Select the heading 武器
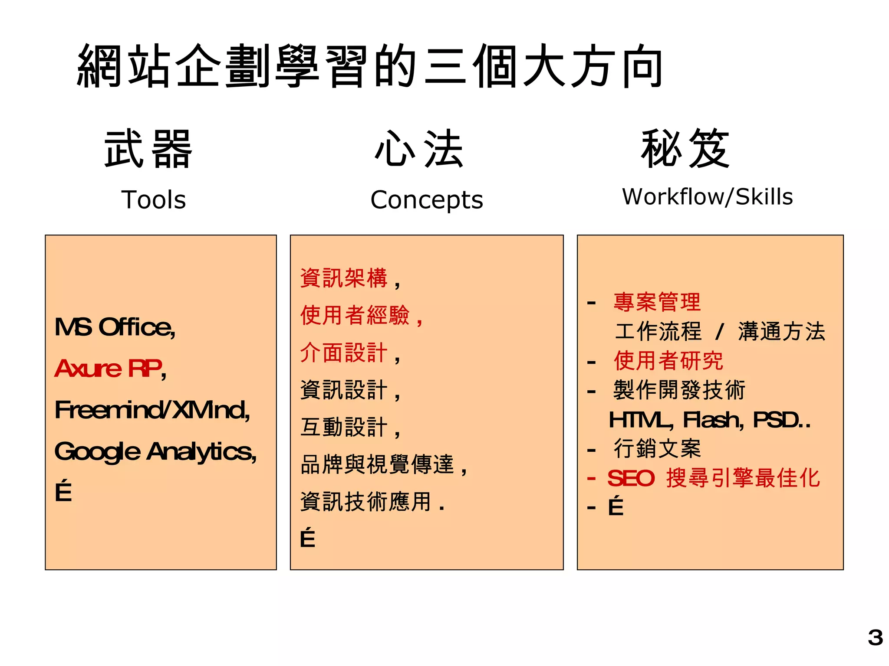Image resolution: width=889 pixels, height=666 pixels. point(148,149)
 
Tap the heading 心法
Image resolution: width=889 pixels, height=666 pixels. point(419,149)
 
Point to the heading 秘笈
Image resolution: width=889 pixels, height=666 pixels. point(685,149)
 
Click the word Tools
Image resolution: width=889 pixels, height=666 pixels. point(154,200)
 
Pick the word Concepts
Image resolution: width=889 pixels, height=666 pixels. point(427,200)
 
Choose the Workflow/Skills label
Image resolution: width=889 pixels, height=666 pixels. point(707,197)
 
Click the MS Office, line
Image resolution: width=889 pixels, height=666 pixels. point(115,327)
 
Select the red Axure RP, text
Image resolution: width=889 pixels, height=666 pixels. point(110,369)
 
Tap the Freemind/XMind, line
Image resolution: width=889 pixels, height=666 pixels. point(152,410)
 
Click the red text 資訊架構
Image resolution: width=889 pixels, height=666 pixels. point(344,278)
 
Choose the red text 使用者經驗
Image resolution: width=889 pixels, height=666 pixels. point(355,315)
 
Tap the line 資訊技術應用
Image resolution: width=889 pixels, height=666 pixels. point(366,502)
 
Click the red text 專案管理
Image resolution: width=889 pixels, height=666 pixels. point(657,302)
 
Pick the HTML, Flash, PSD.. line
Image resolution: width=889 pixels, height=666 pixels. point(709,420)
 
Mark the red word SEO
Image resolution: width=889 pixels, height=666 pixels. point(631,479)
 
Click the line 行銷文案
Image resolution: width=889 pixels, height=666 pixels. point(657,448)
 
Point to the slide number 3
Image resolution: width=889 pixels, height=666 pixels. point(875,638)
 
